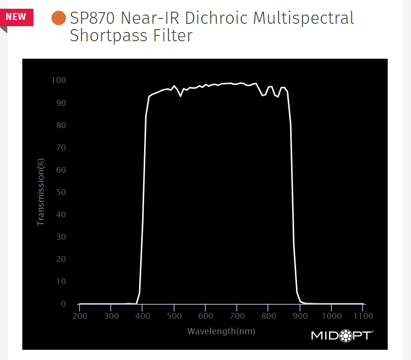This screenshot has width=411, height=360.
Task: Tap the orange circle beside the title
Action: click(x=59, y=18)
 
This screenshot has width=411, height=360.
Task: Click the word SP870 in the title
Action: click(x=93, y=18)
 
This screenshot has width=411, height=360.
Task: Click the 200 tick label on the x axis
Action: click(x=79, y=316)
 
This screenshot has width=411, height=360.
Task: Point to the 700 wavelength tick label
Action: click(x=237, y=316)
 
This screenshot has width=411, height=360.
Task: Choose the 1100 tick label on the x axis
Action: click(x=363, y=316)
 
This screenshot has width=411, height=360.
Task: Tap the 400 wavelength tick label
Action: click(x=142, y=316)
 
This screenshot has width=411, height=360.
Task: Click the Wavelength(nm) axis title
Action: click(x=221, y=331)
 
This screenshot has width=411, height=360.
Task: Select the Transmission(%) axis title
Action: click(x=41, y=192)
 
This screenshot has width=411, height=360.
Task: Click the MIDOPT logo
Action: click(x=342, y=335)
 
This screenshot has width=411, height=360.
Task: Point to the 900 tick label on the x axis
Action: click(x=300, y=316)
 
